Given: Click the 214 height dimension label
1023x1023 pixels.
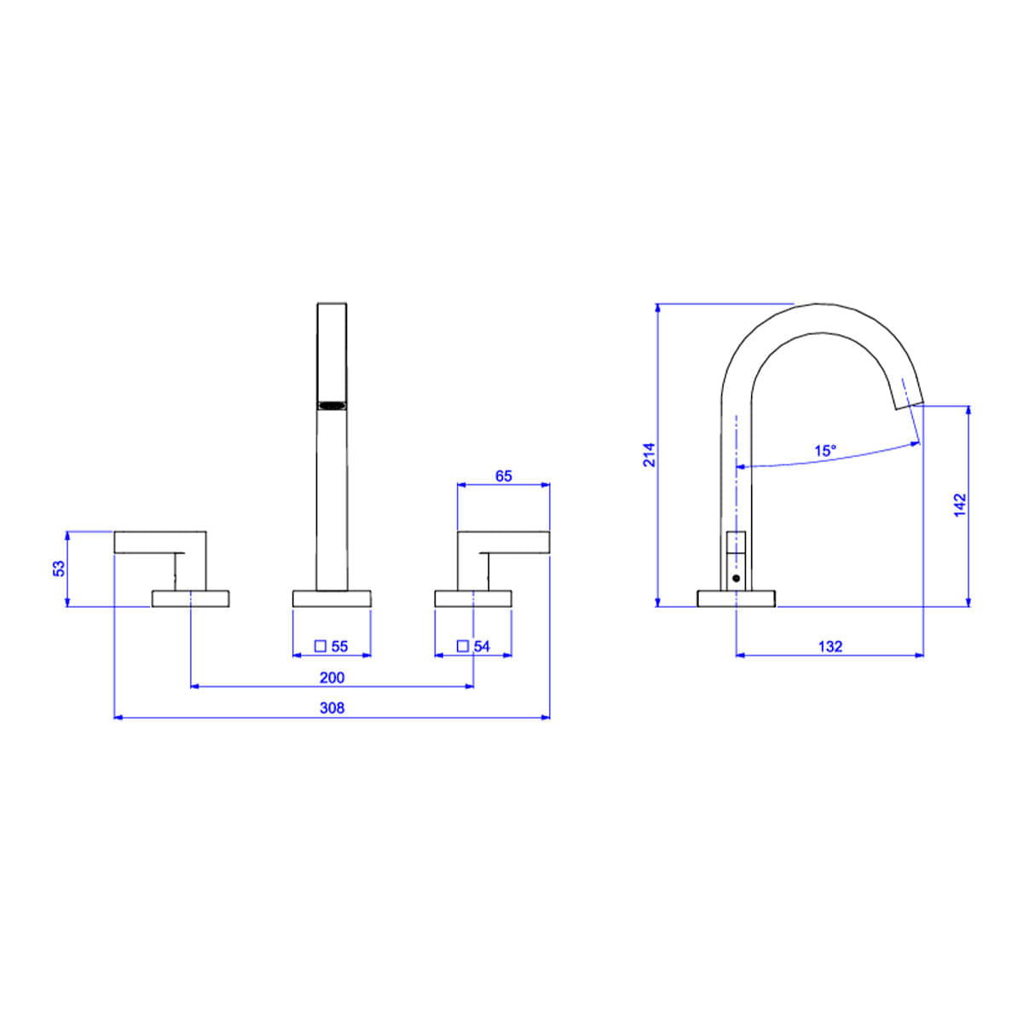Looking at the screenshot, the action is tap(650, 454).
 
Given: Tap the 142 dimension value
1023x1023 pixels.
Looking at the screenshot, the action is tap(961, 506).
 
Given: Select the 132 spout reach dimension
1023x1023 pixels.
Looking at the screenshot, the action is tap(830, 646).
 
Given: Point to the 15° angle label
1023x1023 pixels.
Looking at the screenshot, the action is tap(825, 451).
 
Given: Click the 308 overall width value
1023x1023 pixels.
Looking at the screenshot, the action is tap(332, 708).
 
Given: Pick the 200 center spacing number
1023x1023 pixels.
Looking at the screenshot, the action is tap(332, 678).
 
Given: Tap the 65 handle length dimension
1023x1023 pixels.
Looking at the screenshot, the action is tap(503, 477).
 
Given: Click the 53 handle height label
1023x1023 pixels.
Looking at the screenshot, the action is tap(59, 568).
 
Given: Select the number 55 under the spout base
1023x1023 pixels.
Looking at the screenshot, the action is tap(339, 646).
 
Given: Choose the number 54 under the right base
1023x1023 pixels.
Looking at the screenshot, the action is tap(482, 646).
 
